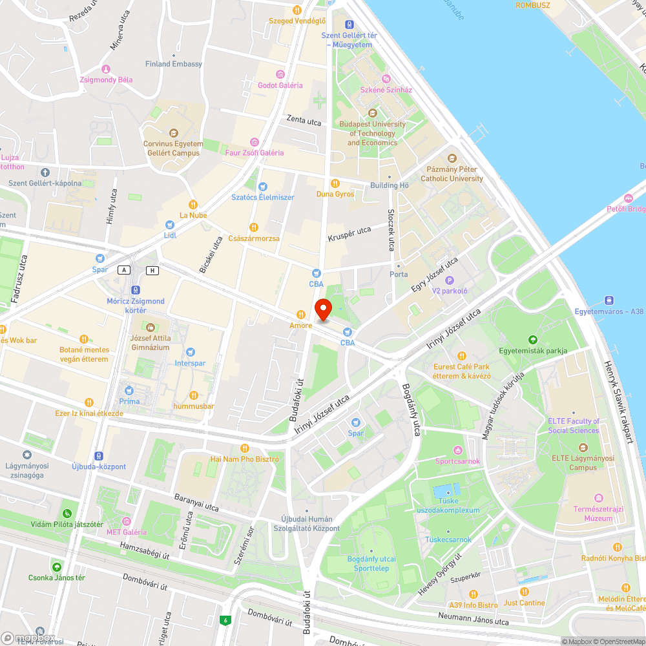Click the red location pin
323,309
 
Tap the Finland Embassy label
173,64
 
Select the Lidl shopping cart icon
170,225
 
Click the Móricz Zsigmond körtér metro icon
136,290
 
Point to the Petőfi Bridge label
626,209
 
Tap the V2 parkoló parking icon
450,280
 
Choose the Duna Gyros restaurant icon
335,183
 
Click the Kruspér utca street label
349,233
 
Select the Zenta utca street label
304,121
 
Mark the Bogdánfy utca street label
411,410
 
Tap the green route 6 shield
225,620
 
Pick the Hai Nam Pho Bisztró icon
244,448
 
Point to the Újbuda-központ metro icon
98,455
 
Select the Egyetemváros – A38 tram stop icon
609,300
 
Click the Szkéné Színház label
386,90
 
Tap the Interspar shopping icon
190,352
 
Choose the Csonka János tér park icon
57,567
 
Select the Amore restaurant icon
300,315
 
